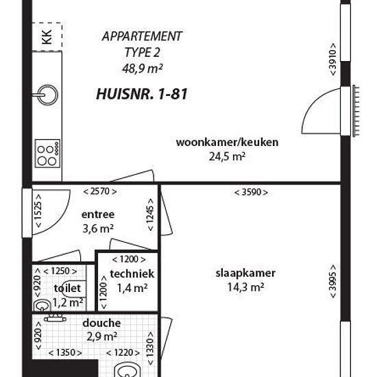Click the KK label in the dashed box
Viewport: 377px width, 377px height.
[x=47, y=37]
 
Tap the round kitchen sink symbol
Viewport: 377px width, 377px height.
[x=48, y=95]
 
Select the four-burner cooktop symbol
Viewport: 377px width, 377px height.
[x=47, y=154]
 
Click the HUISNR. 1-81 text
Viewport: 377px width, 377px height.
[x=142, y=94]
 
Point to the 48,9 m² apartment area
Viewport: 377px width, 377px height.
[x=143, y=69]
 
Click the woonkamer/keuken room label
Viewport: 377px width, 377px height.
[x=227, y=142]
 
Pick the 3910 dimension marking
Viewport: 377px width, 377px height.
[x=332, y=60]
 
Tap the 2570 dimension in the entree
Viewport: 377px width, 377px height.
[x=100, y=192]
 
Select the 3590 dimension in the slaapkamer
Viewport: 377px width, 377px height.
[x=251, y=192]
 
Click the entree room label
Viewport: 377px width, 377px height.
[x=98, y=215]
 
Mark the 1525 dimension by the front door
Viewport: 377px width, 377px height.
[x=38, y=211]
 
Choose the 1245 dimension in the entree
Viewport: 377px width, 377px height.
[x=150, y=215]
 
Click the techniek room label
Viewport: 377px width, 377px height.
[x=132, y=273]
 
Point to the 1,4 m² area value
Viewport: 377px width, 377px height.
[x=132, y=288]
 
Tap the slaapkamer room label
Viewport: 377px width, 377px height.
[x=245, y=273]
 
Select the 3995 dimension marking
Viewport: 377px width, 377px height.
[x=333, y=281]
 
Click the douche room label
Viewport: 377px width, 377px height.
[x=101, y=323]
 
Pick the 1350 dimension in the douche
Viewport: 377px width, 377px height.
[x=65, y=353]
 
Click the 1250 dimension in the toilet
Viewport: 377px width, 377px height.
[x=60, y=271]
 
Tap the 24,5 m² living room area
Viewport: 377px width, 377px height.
[x=227, y=157]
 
